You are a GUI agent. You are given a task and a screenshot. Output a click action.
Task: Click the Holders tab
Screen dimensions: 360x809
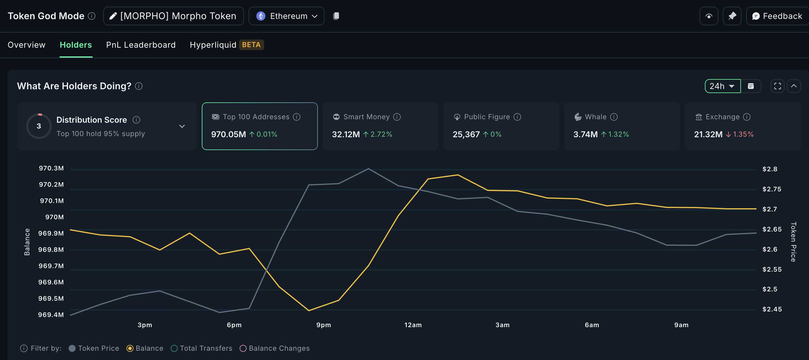76,45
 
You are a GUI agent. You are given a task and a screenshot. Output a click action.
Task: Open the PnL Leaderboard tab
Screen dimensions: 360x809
141,45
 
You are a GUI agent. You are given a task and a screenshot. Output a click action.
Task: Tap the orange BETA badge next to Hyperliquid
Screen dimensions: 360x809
251,45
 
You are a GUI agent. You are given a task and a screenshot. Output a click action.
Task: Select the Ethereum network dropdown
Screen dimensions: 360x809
286,16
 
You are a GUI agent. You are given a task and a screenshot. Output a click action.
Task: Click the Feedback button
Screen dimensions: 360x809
777,16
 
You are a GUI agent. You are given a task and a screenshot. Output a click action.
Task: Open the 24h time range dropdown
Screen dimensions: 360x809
722,86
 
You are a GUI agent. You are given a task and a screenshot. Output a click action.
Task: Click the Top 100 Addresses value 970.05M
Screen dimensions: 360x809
228,134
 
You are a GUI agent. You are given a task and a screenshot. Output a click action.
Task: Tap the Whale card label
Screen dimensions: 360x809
595,117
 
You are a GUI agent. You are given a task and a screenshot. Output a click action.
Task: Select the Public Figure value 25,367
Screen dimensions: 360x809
466,134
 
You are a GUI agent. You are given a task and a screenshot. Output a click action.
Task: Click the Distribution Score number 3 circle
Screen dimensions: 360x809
39,126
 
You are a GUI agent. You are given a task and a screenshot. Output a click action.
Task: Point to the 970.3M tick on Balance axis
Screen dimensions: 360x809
51,168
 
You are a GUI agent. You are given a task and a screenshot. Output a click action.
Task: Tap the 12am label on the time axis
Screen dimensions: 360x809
413,325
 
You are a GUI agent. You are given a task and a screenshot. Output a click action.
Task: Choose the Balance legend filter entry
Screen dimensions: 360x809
145,348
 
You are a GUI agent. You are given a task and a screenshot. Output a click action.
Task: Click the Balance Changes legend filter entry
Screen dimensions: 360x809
275,348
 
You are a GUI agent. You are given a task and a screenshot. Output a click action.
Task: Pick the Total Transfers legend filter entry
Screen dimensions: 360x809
202,348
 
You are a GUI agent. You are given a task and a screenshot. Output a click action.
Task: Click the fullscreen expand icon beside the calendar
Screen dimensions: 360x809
777,86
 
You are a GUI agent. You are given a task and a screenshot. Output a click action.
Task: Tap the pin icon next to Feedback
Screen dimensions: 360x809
732,16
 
